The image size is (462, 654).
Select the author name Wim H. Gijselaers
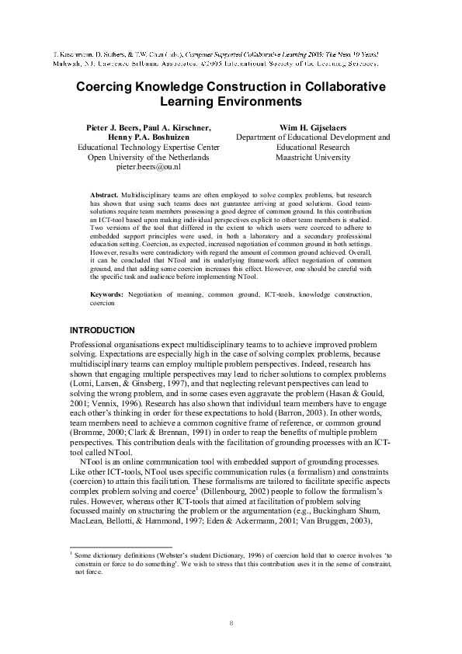(313, 127)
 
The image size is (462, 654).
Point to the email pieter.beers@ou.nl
(148, 166)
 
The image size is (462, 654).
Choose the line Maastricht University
(313, 157)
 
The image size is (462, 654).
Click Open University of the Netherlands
(148, 157)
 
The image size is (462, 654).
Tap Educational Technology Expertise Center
(148, 147)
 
